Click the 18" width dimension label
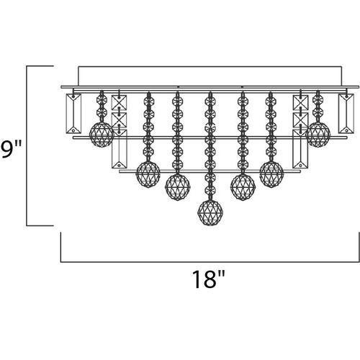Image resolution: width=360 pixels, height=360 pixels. (209, 279)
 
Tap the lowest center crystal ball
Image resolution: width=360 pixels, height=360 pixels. (210, 213)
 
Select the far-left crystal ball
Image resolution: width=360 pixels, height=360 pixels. (102, 135)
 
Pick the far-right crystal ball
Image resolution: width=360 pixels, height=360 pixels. (318, 135)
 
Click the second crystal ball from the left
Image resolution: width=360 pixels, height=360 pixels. (148, 174)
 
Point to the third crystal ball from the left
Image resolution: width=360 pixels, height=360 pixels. (178, 187)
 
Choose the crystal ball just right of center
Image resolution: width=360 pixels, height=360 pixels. (243, 187)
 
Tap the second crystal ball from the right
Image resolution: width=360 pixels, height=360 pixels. (271, 174)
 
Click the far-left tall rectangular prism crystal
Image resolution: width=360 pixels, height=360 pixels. (73, 114)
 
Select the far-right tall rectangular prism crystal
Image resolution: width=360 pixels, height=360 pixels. (346, 114)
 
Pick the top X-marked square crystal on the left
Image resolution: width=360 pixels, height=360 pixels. (119, 103)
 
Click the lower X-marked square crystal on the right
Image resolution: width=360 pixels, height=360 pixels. (300, 120)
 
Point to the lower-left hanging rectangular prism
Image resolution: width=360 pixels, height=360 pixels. (119, 149)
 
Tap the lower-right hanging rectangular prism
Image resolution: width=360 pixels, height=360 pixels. (300, 149)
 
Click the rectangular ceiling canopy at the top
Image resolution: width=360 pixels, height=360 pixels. (210, 76)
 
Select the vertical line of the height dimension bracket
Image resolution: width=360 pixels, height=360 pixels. (27, 145)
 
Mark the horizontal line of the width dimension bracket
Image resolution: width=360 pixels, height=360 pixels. (210, 262)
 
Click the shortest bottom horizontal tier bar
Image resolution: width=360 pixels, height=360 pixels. (210, 171)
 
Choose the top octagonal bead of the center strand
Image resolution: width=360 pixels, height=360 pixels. (210, 101)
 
